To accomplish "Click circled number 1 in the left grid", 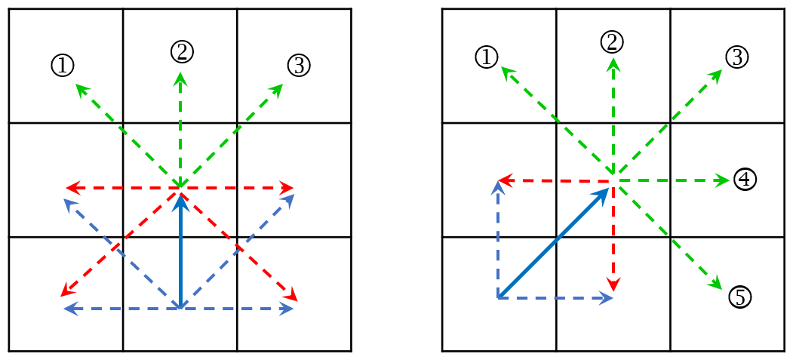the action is click(63, 66).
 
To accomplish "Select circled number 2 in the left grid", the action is click(182, 52).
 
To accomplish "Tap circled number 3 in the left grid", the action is click(298, 66).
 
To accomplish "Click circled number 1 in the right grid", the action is click(487, 57).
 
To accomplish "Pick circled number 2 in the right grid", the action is click(613, 42).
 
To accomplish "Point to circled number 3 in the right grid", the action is click(736, 57).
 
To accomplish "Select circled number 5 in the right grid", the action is click(740, 297).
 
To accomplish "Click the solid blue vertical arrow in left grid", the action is click(180, 250).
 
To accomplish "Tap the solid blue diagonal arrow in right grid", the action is click(554, 242).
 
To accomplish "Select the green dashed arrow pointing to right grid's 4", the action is click(671, 180).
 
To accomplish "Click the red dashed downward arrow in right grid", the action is click(613, 236).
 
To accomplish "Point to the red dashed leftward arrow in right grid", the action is click(555, 180).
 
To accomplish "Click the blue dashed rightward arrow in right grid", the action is click(556, 298).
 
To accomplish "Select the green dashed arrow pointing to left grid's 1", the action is click(128, 135).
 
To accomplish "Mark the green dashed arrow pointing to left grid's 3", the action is click(232, 135).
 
